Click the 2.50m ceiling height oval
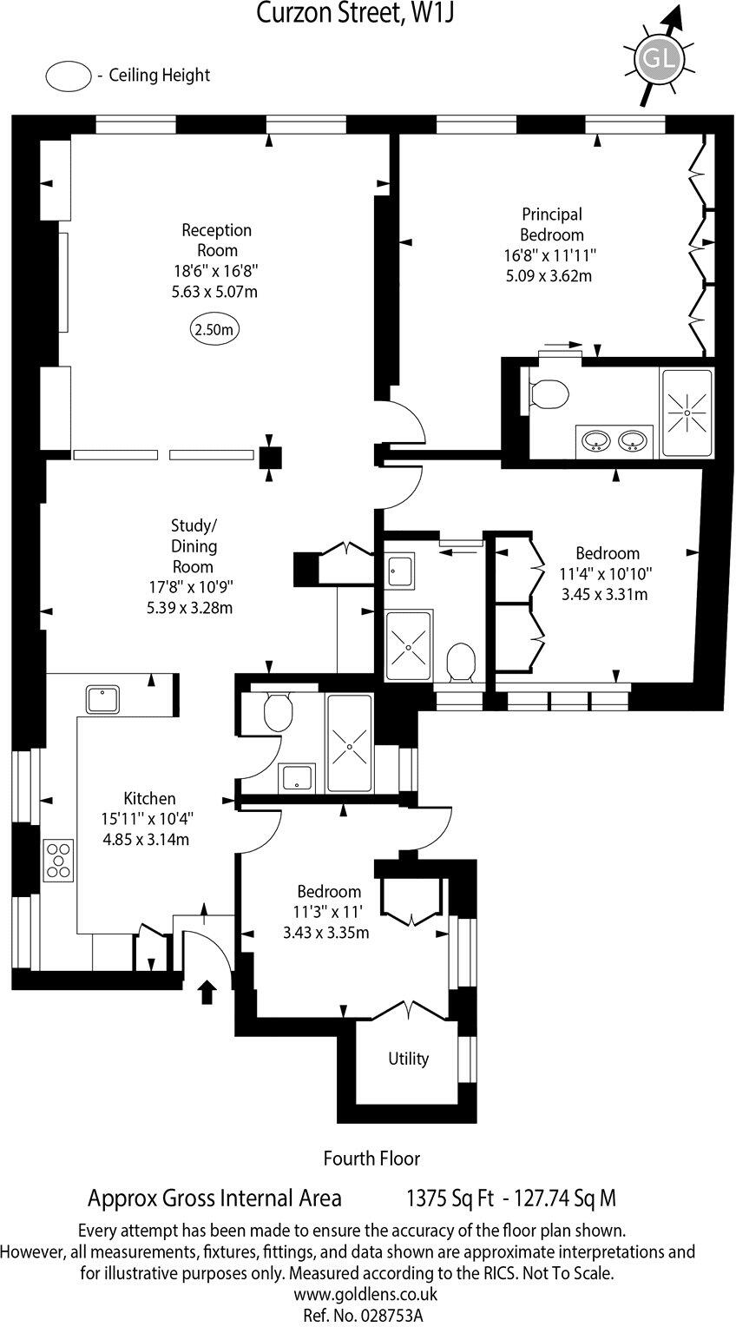pyautogui.click(x=214, y=330)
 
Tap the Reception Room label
pyautogui.click(x=216, y=240)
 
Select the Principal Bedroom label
pyautogui.click(x=551, y=224)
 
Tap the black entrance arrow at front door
pyautogui.click(x=207, y=991)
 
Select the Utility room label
pyautogui.click(x=408, y=1059)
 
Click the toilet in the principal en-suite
pyautogui.click(x=547, y=394)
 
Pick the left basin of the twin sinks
pyautogui.click(x=595, y=441)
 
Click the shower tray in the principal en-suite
pyautogui.click(x=687, y=413)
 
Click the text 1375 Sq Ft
pyautogui.click(x=450, y=1199)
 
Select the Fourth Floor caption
pyautogui.click(x=371, y=1158)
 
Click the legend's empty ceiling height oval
pyautogui.click(x=69, y=76)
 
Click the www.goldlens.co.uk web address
pyautogui.click(x=365, y=1294)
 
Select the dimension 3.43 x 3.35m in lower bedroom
pyautogui.click(x=326, y=934)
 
